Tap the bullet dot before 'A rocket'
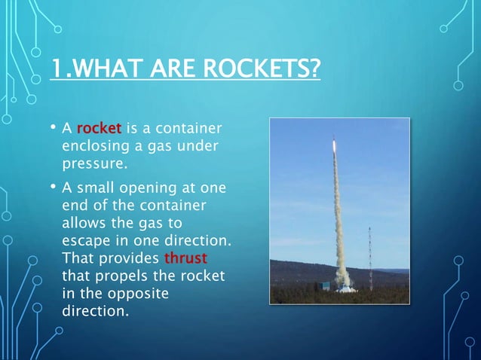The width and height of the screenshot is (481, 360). click(54, 126)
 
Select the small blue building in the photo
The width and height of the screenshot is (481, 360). click(325, 286)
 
